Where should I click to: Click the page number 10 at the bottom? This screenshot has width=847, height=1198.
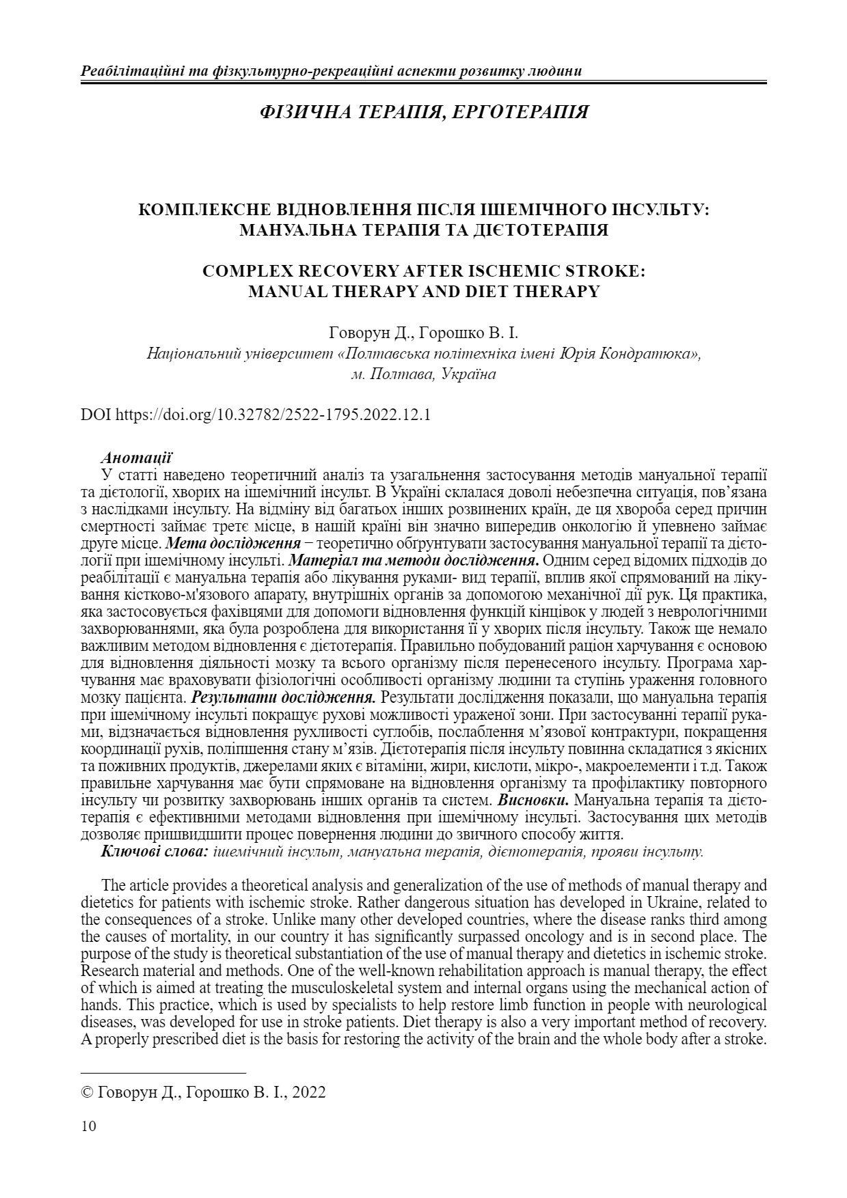click(89, 1126)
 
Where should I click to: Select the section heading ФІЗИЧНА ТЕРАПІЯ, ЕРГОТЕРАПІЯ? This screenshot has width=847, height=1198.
click(424, 112)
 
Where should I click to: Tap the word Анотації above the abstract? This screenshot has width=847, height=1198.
click(136, 456)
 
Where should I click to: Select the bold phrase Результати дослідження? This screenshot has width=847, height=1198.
click(283, 697)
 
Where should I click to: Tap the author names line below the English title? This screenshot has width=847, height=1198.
click(424, 334)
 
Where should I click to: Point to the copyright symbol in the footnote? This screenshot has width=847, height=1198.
click(87, 1092)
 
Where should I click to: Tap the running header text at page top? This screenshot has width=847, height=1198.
click(332, 71)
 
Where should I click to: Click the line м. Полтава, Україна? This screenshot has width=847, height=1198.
click(423, 374)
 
